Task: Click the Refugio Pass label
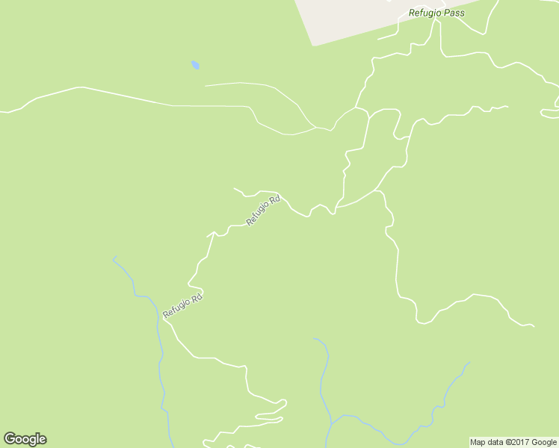(436, 13)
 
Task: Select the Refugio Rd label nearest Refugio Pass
(263, 211)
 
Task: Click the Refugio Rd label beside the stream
(183, 307)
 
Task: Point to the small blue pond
(195, 65)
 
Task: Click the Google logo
(25, 439)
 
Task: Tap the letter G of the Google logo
(10, 439)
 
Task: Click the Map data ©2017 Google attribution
(513, 442)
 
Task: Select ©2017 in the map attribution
(516, 442)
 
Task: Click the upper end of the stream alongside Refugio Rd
(114, 258)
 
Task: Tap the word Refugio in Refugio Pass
(425, 13)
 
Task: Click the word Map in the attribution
(478, 442)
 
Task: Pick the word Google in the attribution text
(544, 442)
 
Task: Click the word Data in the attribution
(495, 442)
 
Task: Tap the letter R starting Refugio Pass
(412, 13)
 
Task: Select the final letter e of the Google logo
(42, 440)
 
